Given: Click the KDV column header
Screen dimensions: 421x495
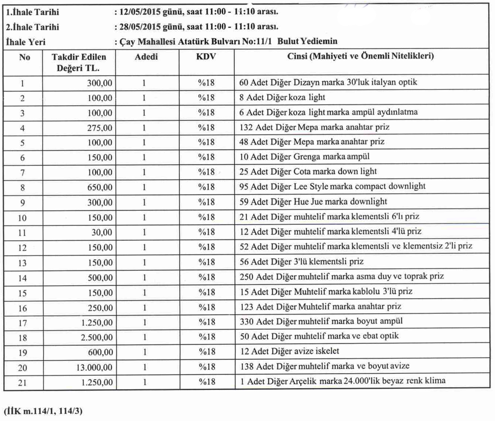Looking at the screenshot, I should tap(206, 57).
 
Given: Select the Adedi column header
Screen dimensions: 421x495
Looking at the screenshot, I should tap(146, 57).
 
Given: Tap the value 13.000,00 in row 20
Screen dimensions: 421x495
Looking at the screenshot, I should tap(94, 367).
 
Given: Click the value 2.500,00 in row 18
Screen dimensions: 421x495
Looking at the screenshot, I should tap(97, 337).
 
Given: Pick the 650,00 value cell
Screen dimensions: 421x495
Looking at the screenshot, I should tap(100, 187).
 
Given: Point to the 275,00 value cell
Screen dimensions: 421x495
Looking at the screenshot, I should tap(100, 128).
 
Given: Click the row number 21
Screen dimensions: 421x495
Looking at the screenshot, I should tap(22, 383).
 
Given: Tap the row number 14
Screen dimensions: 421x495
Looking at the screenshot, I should tap(22, 278).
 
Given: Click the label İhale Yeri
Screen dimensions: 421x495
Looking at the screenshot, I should tap(26, 42).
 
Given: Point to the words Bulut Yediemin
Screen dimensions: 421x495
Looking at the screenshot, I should tap(307, 41).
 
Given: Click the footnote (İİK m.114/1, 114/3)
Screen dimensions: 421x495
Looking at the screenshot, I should tap(43, 411).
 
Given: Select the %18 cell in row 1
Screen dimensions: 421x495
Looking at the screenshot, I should tap(206, 83).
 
